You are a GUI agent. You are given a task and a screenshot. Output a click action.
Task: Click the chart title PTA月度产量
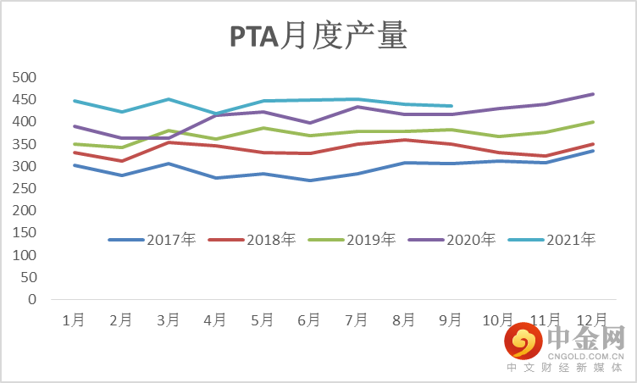click(318, 37)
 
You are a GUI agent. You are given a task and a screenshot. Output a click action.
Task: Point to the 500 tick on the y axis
click(26, 77)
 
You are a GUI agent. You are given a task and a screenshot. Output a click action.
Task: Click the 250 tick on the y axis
click(26, 188)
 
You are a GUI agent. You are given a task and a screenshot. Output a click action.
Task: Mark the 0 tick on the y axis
click(32, 299)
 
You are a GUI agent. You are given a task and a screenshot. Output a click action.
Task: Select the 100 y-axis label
click(26, 255)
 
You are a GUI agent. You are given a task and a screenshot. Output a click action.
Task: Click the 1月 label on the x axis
click(75, 319)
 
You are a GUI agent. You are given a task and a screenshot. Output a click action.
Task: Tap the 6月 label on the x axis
click(310, 319)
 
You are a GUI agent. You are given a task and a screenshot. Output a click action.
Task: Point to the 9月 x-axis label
click(451, 319)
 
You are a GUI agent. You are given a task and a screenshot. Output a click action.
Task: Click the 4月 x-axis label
click(216, 319)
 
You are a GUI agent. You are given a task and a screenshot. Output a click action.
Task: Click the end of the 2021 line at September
click(451, 106)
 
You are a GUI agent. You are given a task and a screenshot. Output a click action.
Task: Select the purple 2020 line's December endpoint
click(593, 94)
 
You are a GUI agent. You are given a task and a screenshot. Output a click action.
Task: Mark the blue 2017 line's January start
click(75, 165)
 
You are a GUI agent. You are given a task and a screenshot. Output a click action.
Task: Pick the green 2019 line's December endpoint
click(593, 122)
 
